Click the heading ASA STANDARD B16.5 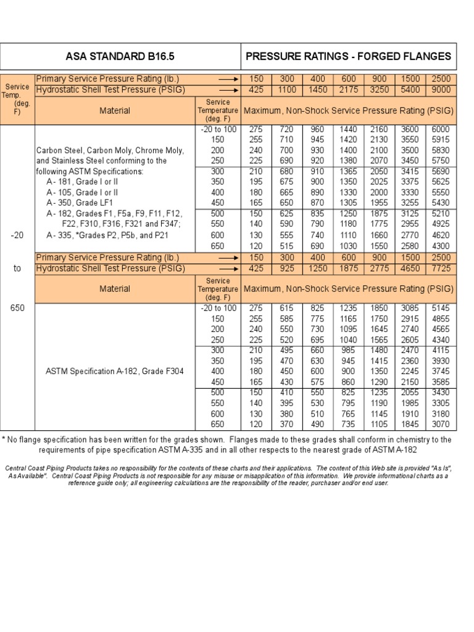120,56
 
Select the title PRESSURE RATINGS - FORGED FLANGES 348,56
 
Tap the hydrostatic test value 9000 442,89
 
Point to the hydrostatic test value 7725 442,268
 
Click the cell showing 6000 442,130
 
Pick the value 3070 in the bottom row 442,424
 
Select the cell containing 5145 442,308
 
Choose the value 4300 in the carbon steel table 442,246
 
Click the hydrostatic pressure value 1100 287,89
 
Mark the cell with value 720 287,130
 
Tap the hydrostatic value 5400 411,89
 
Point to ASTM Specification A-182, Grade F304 115,372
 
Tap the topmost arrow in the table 228,79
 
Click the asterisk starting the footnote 4,439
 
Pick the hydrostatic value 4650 411,268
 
